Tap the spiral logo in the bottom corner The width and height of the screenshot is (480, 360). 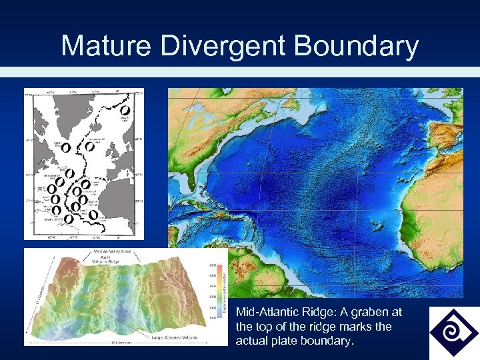click(453, 332)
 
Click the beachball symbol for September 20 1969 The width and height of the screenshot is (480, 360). click(88, 145)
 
